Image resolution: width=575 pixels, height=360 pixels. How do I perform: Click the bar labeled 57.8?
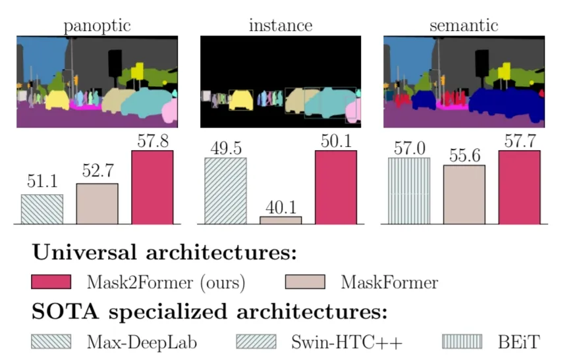coord(152,188)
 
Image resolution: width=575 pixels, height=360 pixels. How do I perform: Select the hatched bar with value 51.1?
coord(42,209)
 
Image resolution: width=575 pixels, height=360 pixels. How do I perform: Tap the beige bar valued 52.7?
coord(97,204)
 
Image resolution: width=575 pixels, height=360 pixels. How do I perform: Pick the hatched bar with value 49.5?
coord(226,191)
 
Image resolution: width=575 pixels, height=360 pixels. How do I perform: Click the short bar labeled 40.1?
coord(281,220)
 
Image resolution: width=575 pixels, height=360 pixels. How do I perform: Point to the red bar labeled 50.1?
coord(336,188)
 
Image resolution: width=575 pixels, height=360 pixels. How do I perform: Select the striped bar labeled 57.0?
coord(409,191)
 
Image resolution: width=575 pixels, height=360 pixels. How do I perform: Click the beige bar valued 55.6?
coord(464,195)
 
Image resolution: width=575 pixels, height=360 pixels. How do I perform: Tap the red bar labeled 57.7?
coord(519,188)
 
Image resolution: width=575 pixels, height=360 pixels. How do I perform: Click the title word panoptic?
coord(97,26)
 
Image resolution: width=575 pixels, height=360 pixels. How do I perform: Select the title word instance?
coord(281,26)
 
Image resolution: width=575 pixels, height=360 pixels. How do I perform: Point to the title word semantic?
coord(464,26)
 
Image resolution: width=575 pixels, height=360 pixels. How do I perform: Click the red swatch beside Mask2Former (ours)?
coord(51,282)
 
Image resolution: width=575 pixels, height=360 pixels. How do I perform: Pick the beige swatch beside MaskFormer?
coord(305,282)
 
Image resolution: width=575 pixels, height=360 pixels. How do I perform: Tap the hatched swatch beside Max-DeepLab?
coord(51,342)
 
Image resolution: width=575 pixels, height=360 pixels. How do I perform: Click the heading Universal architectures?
coord(164,253)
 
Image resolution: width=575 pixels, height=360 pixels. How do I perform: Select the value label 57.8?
coord(152,141)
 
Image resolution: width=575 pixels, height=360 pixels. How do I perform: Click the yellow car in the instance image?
coord(241,99)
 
